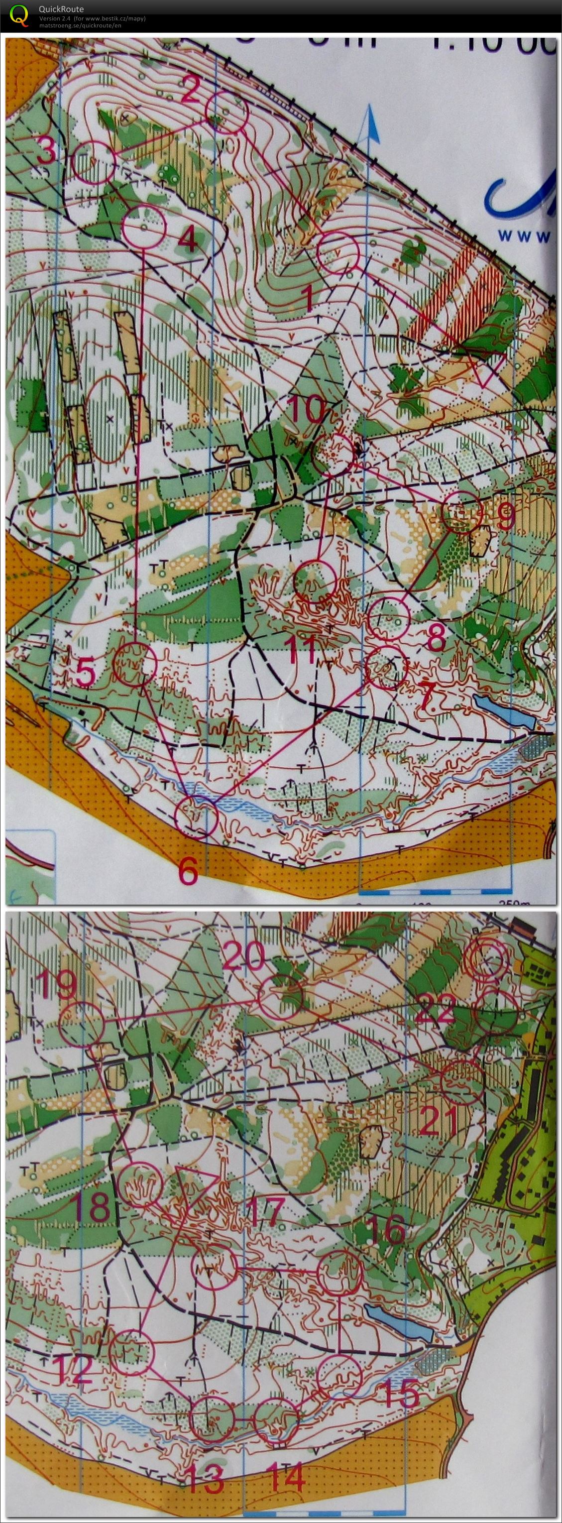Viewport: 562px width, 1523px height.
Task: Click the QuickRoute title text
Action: tap(61, 9)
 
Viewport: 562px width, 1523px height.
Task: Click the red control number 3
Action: tap(46, 151)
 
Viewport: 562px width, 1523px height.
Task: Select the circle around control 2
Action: tap(225, 112)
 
